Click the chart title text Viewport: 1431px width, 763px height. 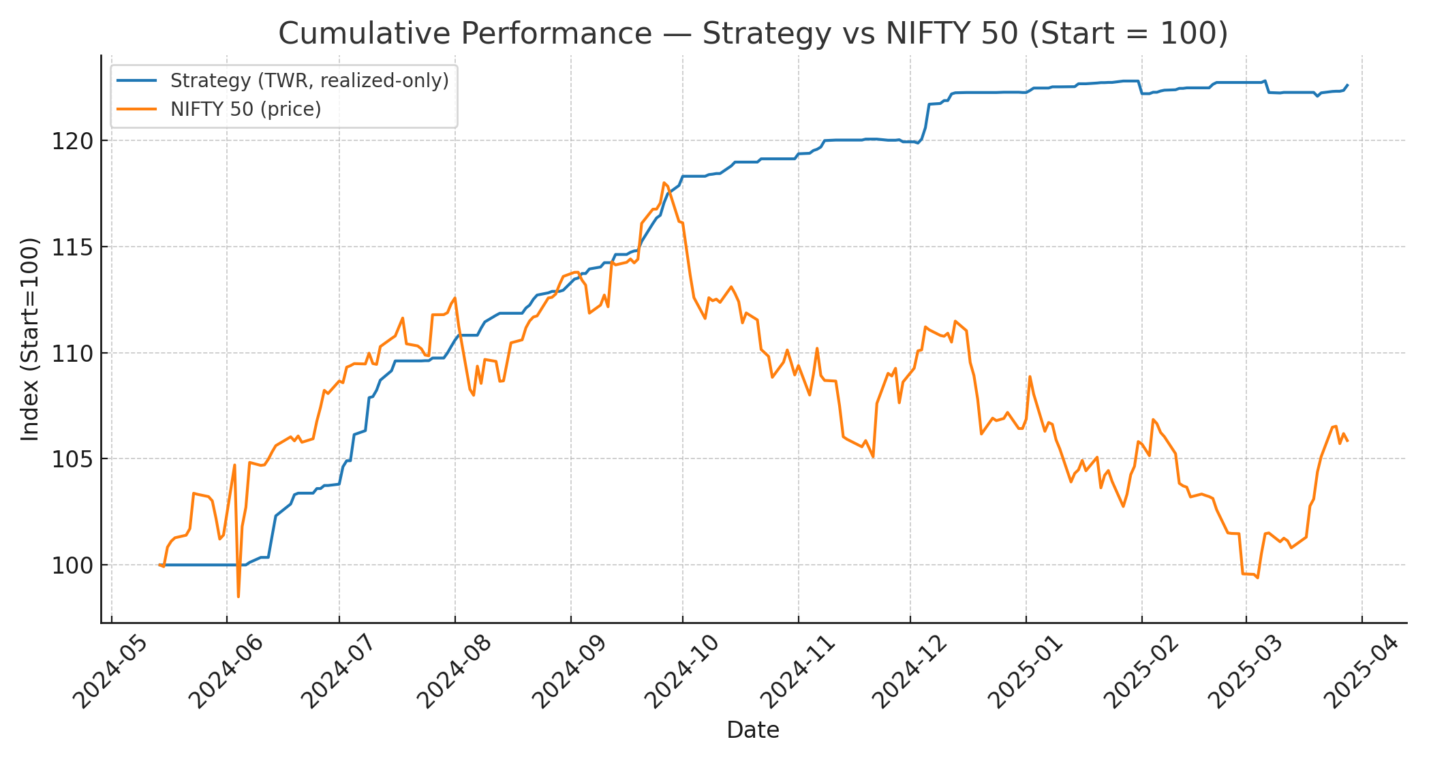(x=752, y=33)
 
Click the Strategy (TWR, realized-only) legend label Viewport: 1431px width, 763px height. (x=309, y=80)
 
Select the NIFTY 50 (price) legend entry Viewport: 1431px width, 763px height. (x=245, y=109)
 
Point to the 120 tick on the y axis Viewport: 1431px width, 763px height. (x=74, y=141)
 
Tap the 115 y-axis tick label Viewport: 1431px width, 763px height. (x=74, y=247)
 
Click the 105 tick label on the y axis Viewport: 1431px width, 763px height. (x=74, y=459)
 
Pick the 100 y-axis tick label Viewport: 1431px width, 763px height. (x=74, y=565)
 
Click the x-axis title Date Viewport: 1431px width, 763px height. (x=752, y=730)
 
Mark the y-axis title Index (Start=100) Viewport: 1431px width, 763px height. (x=30, y=339)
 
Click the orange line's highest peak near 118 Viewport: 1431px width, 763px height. (x=664, y=183)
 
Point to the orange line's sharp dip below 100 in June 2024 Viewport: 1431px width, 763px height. (x=238, y=597)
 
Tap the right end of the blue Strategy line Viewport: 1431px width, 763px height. (x=1347, y=85)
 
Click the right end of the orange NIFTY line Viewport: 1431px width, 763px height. (x=1347, y=441)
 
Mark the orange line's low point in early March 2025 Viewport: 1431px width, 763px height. (x=1257, y=578)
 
